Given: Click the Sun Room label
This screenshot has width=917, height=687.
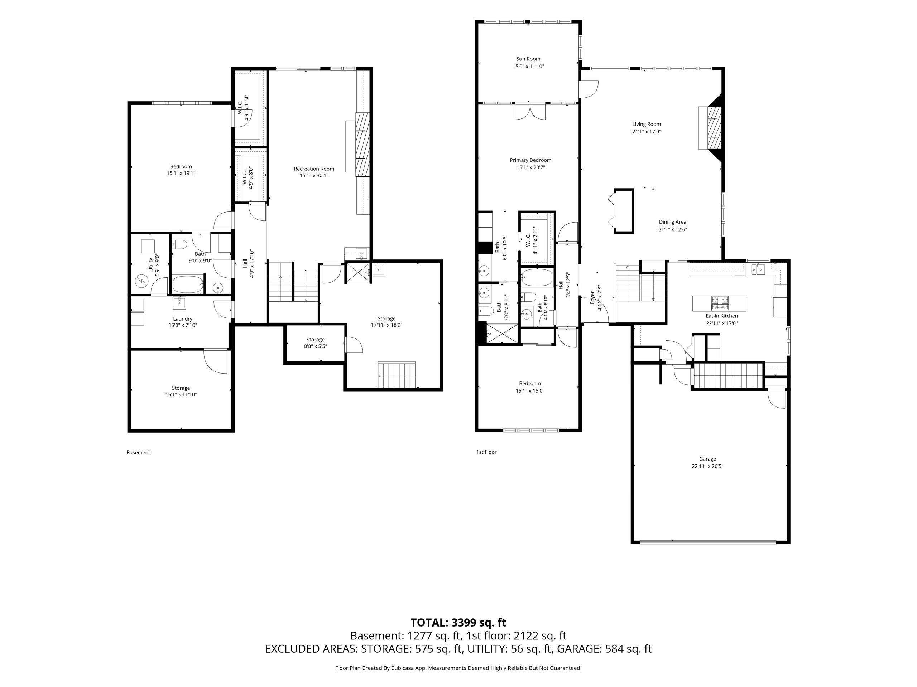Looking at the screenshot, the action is point(528,59).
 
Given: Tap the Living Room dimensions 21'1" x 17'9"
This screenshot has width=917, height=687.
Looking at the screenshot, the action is point(646,132).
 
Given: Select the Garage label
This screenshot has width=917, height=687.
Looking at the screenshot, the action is point(707,459).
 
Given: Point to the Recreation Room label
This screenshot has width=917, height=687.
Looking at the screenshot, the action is point(314,169).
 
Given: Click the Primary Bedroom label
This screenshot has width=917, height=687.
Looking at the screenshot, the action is point(530,160).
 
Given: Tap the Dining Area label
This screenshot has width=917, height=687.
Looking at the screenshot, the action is point(672,222).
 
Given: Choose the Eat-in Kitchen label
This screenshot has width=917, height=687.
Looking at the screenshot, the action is point(722,316).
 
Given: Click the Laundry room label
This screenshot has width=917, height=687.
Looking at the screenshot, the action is point(182,319).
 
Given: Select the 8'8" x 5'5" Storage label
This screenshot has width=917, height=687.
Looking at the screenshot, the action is point(316,340).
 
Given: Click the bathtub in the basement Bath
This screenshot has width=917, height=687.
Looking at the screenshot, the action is point(187,284).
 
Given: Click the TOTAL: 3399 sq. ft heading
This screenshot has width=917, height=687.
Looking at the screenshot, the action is point(458,622).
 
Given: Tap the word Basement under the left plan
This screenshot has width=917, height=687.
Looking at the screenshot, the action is point(138,453).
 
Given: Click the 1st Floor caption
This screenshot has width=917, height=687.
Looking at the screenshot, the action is point(486,452).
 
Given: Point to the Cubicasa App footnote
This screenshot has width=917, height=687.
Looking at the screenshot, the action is point(458,668).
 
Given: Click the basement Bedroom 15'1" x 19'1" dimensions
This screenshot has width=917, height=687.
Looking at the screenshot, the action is point(181,174).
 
